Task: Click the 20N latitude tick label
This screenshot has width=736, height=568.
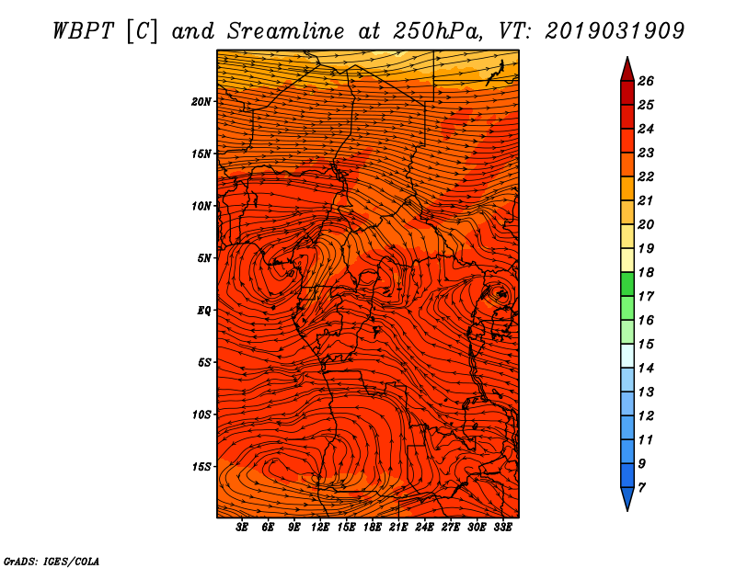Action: coord(201,102)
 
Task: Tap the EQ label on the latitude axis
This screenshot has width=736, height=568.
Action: coord(203,311)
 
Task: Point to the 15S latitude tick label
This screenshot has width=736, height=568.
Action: coord(201,467)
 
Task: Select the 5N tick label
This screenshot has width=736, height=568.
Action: coord(204,258)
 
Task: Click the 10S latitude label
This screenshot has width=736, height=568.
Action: coord(201,415)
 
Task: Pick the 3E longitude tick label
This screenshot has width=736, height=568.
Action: coord(242,527)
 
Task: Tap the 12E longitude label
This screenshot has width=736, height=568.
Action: coord(320,527)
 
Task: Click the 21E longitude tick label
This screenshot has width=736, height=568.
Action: coord(398,527)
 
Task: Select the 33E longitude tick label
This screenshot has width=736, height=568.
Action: coord(502,527)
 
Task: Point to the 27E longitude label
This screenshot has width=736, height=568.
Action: coord(451,527)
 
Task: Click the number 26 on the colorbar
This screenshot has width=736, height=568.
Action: coord(646,81)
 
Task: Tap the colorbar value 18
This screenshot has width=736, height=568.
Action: coord(646,272)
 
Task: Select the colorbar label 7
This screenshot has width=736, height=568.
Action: coord(641,488)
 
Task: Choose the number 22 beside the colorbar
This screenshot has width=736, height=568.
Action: coord(646,176)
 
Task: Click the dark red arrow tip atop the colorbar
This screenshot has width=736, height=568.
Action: coord(627,58)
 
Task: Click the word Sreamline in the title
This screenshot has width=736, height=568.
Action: coord(286,31)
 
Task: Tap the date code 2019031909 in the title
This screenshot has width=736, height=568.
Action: coord(615,31)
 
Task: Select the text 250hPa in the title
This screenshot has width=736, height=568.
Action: coord(438,31)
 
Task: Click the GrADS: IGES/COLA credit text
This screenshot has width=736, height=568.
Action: coord(52,561)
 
